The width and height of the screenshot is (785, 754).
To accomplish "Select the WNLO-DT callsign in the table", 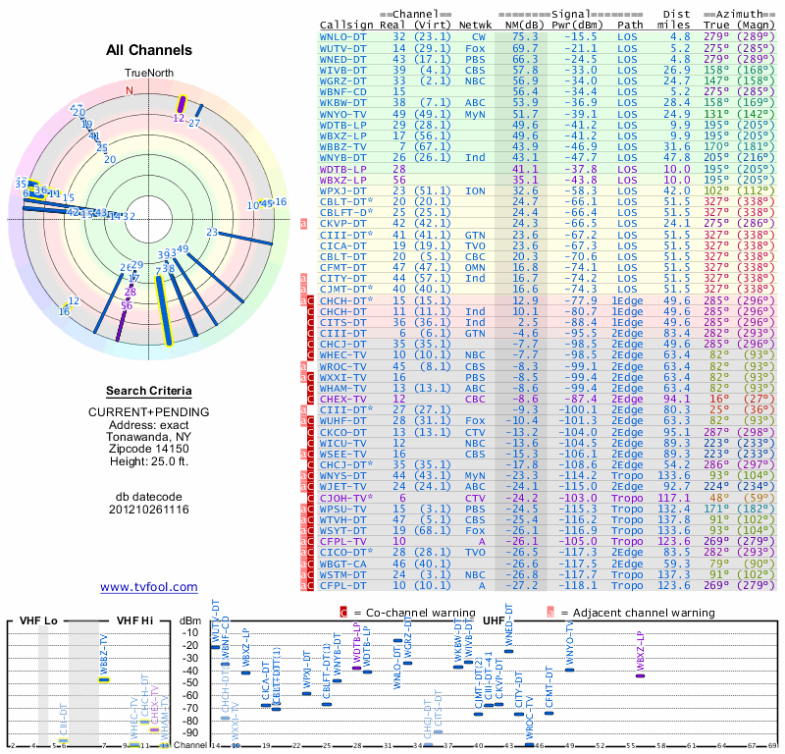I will (342, 36).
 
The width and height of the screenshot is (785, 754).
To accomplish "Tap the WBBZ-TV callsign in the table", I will (342, 146).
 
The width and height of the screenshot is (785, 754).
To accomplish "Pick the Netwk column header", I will (476, 26).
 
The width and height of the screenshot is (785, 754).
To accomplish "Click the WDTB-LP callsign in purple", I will (342, 169).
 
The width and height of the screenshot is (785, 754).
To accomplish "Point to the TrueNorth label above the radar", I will (147, 74).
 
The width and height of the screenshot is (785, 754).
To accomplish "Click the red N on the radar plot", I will (128, 90).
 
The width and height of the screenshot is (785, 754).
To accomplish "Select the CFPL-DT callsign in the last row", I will (342, 586).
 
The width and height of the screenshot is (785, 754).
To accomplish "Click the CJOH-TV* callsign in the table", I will (346, 499).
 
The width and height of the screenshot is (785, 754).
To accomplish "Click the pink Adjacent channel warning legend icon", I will (550, 612).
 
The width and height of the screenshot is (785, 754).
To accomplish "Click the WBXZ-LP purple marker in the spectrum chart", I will (640, 675).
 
